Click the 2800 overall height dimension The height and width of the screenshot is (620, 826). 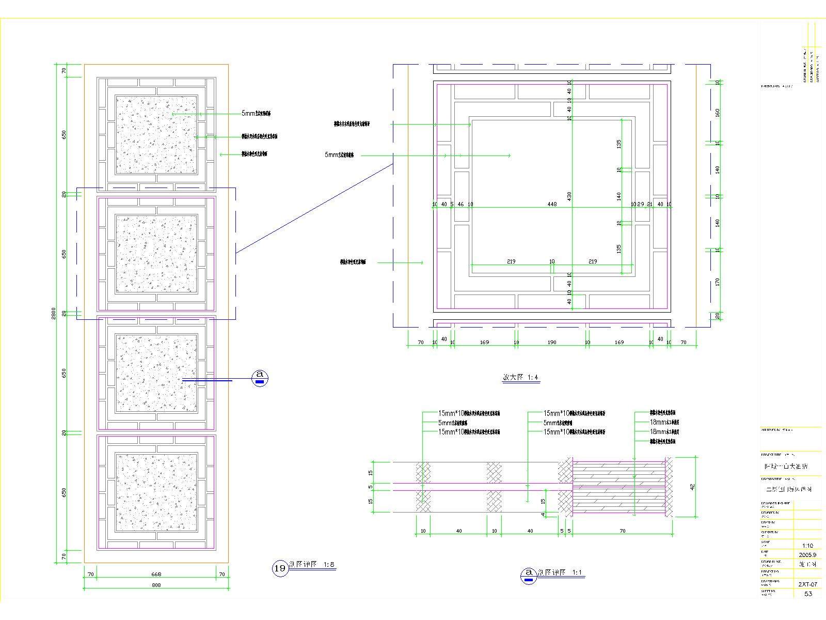pyautogui.click(x=54, y=313)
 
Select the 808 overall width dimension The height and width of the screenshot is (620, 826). pyautogui.click(x=156, y=585)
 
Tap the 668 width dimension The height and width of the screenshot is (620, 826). pyautogui.click(x=156, y=574)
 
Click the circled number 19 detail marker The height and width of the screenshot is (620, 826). pyautogui.click(x=279, y=568)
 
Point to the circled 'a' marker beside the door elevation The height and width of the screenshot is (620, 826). pyautogui.click(x=260, y=378)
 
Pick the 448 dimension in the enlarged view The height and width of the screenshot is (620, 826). pyautogui.click(x=552, y=204)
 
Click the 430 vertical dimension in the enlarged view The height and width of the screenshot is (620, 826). pyautogui.click(x=569, y=196)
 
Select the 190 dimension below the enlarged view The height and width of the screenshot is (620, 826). pyautogui.click(x=552, y=342)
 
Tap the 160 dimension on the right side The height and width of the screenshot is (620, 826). pyautogui.click(x=717, y=112)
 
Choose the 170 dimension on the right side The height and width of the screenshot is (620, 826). pyautogui.click(x=717, y=282)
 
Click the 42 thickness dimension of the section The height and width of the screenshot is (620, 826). pyautogui.click(x=693, y=486)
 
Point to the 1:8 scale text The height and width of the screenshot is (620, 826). pyautogui.click(x=329, y=565)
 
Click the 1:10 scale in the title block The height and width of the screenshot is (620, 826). pyautogui.click(x=807, y=546)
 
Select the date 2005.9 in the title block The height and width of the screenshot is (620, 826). pyautogui.click(x=807, y=555)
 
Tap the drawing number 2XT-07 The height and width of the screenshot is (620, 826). pyautogui.click(x=807, y=584)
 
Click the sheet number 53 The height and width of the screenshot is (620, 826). pyautogui.click(x=808, y=594)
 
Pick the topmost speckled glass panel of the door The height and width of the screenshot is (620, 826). pyautogui.click(x=156, y=134)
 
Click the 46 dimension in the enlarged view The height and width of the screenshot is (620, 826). pyautogui.click(x=460, y=204)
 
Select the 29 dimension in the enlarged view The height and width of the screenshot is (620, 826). pyautogui.click(x=641, y=204)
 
